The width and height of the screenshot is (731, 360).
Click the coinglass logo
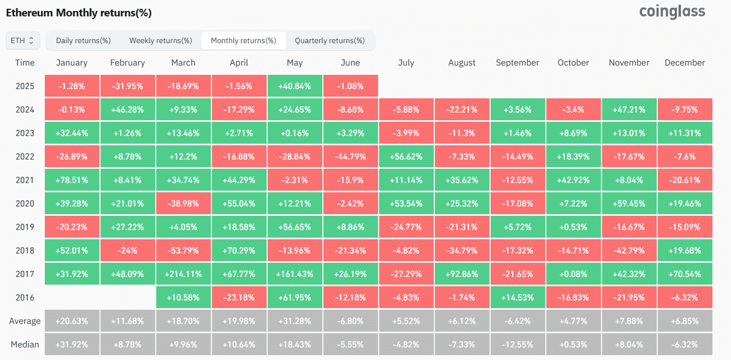pyautogui.click(x=672, y=11)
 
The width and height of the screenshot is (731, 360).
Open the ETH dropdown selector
pyautogui.click(x=22, y=40)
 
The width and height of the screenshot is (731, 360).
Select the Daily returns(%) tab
pyautogui.click(x=83, y=40)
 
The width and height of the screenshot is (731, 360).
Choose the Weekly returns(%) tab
pyautogui.click(x=161, y=40)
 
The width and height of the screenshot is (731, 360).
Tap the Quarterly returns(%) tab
pyautogui.click(x=329, y=40)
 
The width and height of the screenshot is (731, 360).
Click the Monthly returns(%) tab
pyautogui.click(x=244, y=40)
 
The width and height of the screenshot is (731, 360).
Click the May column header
pyautogui.click(x=294, y=63)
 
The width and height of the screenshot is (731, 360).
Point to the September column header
pyautogui.click(x=517, y=63)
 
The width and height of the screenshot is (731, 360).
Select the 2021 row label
pyautogui.click(x=25, y=180)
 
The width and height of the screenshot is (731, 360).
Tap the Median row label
pyautogui.click(x=25, y=345)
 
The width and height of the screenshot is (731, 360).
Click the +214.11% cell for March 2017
pyautogui.click(x=184, y=274)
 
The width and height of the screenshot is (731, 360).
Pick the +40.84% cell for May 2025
pyautogui.click(x=294, y=86)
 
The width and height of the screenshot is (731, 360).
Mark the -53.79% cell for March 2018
pyautogui.click(x=184, y=251)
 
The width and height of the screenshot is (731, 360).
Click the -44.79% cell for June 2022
pyautogui.click(x=350, y=157)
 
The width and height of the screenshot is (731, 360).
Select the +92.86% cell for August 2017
pyautogui.click(x=462, y=274)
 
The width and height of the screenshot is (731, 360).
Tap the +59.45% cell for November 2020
pyautogui.click(x=629, y=204)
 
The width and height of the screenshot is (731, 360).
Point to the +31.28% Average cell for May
pyautogui.click(x=294, y=321)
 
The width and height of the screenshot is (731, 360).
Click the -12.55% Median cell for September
pyautogui.click(x=517, y=345)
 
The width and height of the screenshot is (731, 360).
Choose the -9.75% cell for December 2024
pyautogui.click(x=685, y=110)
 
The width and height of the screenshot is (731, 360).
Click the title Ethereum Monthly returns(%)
pyautogui.click(x=79, y=13)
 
